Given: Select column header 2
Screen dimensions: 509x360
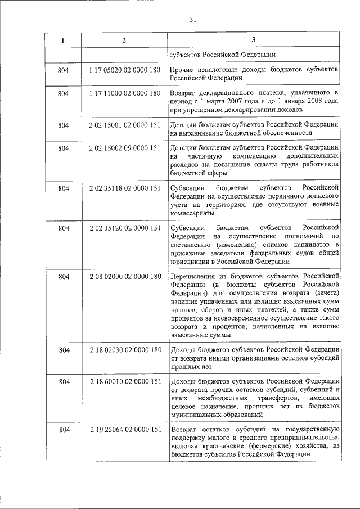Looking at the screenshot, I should pos(124,40).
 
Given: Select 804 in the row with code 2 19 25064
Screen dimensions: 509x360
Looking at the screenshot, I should pos(63,430).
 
